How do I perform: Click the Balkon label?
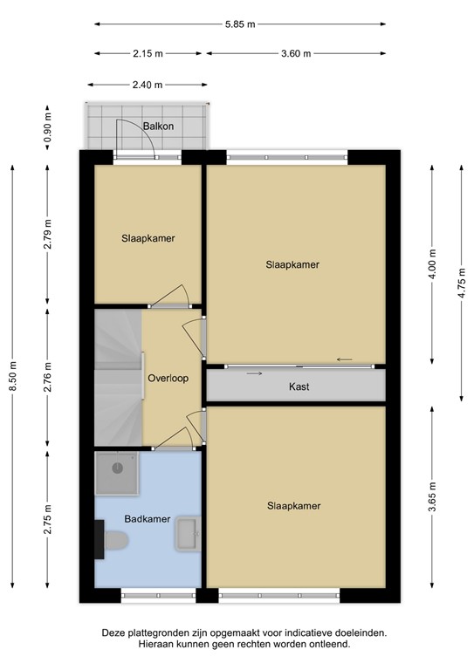click(158, 126)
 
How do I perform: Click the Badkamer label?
click(146, 518)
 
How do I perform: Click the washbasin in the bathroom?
click(188, 533)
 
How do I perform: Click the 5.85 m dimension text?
click(237, 24)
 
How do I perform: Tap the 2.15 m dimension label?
click(148, 54)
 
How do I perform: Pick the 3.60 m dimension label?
click(297, 54)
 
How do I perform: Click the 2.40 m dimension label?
click(148, 85)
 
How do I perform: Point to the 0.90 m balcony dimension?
click(49, 127)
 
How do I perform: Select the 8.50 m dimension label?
click(12, 378)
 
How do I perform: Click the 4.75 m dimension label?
click(462, 281)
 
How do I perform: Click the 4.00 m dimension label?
click(433, 264)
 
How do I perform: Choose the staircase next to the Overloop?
click(117, 375)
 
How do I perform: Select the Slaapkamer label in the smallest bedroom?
click(148, 237)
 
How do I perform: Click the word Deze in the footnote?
click(113, 632)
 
